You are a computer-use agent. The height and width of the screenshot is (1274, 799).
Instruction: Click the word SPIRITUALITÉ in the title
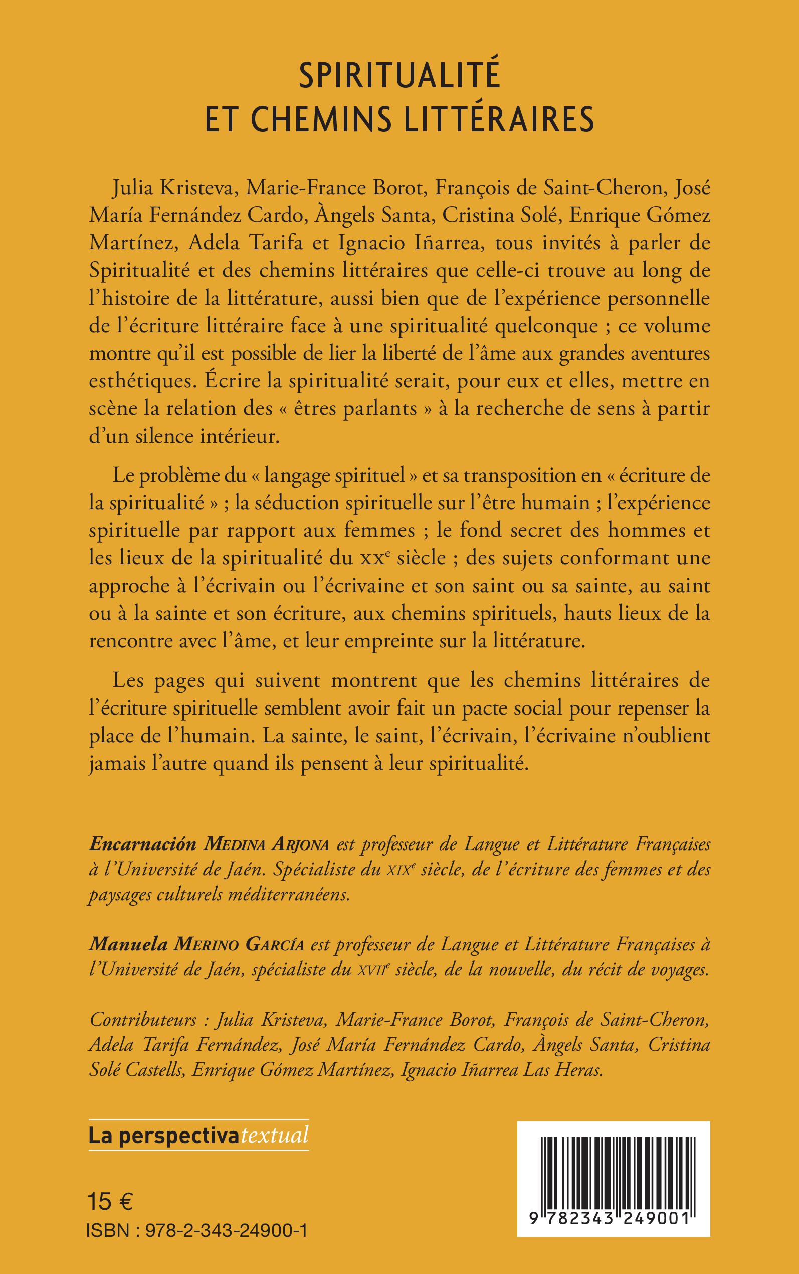click(399, 77)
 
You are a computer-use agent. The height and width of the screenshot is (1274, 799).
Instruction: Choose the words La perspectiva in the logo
click(164, 1135)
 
